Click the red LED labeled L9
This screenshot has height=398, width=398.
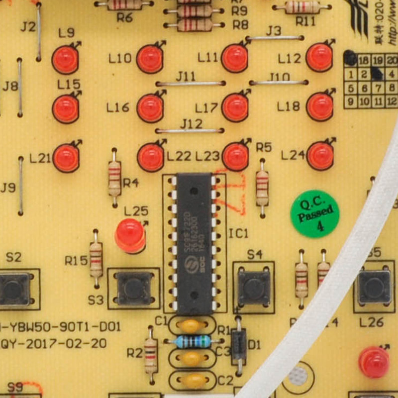(65, 59)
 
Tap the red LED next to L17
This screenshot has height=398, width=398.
(235, 107)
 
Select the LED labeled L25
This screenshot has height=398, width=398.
(130, 234)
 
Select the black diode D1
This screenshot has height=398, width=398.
(239, 343)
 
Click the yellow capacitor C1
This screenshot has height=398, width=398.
(192, 326)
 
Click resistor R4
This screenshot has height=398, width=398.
(115, 178)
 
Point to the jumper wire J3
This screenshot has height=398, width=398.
(275, 38)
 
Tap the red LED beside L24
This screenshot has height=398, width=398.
(320, 156)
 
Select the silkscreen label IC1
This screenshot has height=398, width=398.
(238, 233)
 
